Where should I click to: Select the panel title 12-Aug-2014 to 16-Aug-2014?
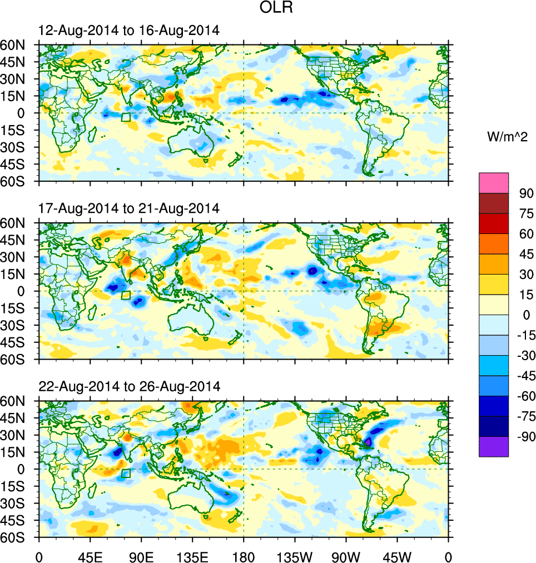tap(129, 31)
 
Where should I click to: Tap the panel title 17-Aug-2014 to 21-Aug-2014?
tap(129, 209)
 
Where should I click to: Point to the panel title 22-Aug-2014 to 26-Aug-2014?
tap(129, 386)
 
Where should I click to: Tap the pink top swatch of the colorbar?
tap(494, 182)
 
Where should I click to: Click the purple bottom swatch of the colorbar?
tap(494, 446)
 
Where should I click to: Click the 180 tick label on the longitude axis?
tap(244, 556)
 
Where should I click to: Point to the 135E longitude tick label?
tap(192, 556)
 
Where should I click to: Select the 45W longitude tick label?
tap(397, 556)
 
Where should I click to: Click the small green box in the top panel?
tap(126, 117)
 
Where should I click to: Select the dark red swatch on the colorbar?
tap(494, 203)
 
